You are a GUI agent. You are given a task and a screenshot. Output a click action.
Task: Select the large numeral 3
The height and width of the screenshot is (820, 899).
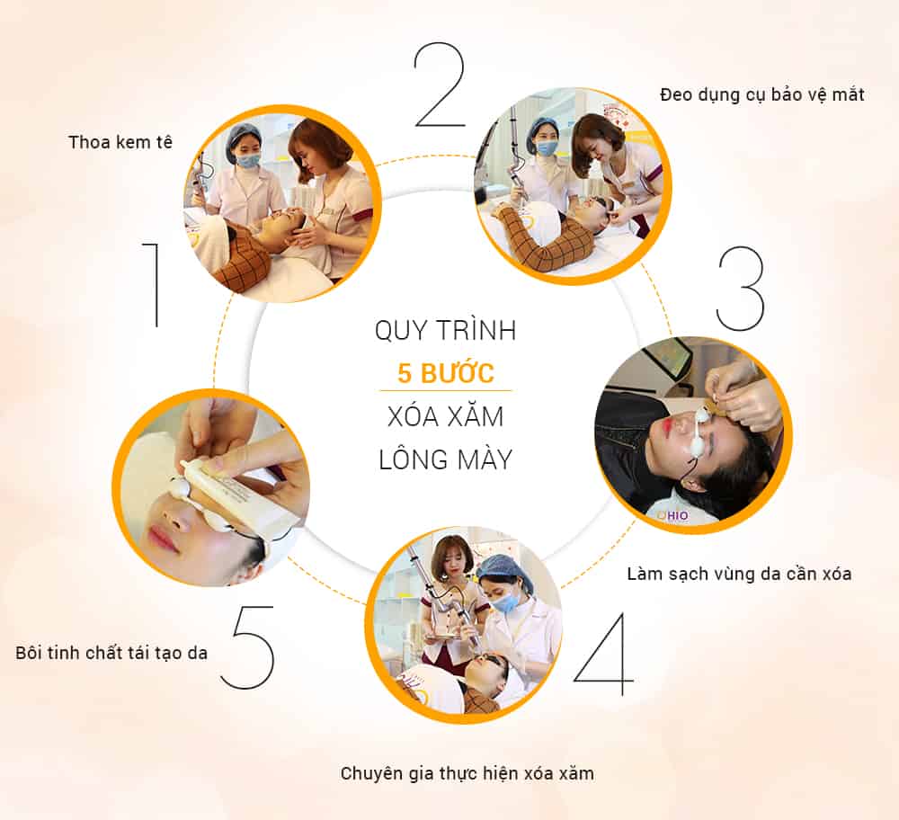741,289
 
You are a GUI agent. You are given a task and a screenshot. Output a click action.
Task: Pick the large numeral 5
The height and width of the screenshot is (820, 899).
249,647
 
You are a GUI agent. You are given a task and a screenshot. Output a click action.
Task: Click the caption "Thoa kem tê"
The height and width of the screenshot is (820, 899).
120,142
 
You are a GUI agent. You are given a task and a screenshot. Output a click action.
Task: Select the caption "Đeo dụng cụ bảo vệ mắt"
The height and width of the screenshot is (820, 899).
762,94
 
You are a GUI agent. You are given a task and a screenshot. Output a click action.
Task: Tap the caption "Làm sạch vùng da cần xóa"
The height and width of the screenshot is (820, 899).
739,574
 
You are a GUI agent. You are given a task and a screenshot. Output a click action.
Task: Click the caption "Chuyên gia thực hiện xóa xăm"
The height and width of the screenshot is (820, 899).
467,773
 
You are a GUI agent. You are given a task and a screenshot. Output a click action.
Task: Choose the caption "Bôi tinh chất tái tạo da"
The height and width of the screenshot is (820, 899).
111,653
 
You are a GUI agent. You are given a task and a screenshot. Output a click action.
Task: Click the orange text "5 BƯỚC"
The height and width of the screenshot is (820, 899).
446,373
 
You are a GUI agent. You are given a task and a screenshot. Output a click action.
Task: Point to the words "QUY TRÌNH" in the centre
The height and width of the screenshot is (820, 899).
446,330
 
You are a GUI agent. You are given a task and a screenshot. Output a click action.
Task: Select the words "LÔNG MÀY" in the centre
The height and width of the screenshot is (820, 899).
446,459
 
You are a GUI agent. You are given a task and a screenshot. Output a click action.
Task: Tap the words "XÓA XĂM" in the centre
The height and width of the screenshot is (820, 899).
446,416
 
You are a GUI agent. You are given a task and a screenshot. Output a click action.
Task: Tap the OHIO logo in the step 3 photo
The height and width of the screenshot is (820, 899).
672,515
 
